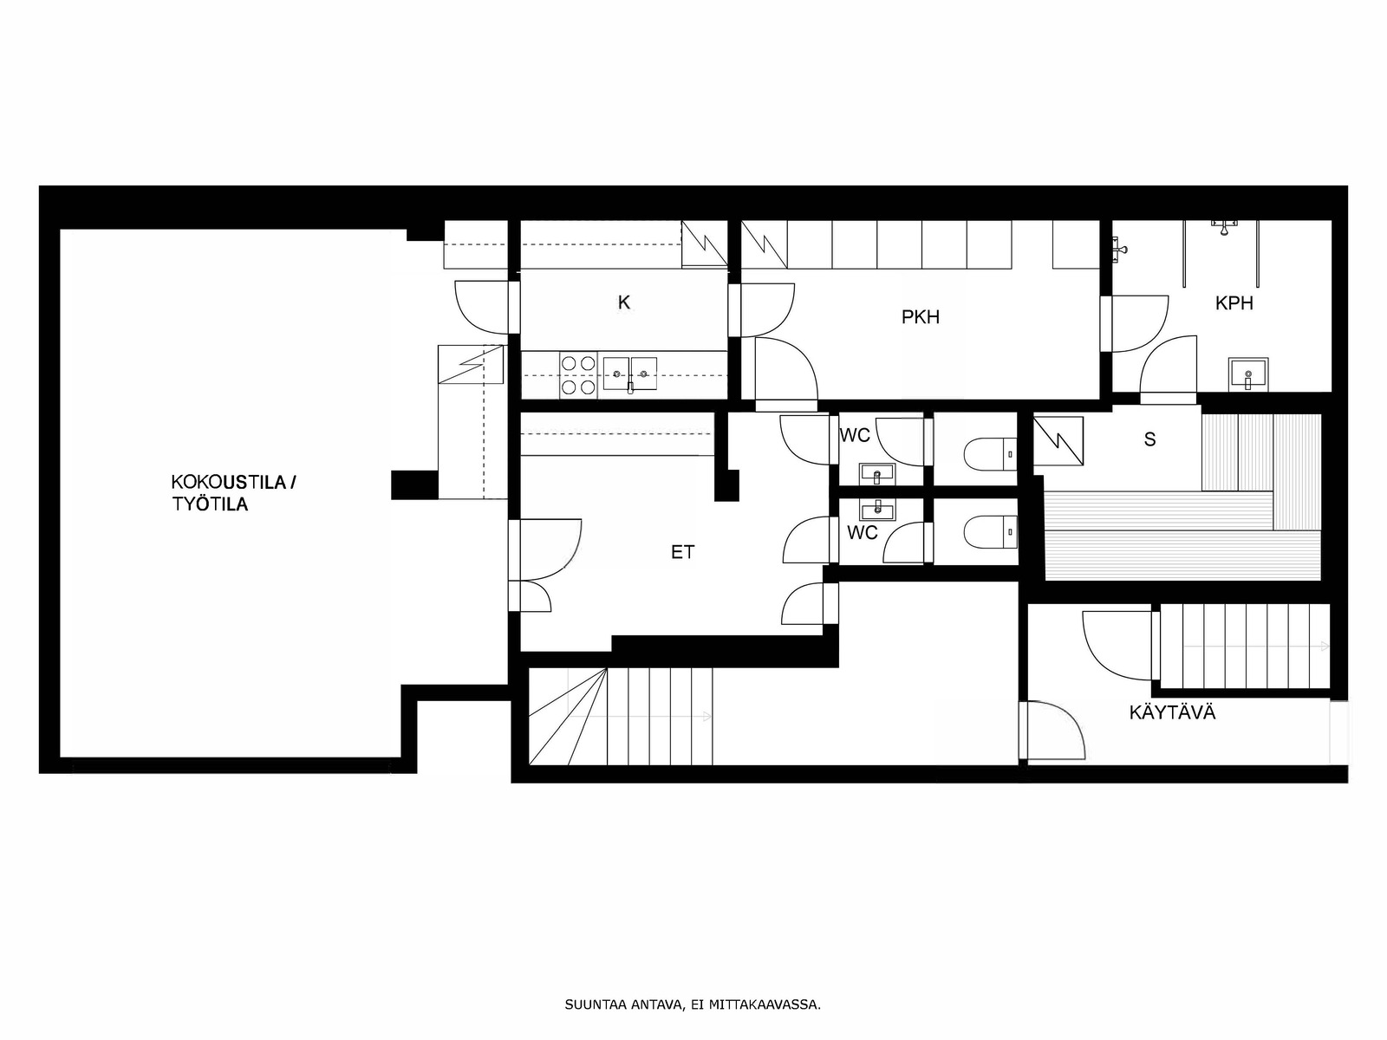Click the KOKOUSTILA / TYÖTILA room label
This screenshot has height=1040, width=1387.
click(x=233, y=494)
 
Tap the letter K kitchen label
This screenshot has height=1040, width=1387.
click(x=623, y=303)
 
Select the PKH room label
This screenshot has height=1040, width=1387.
click(x=920, y=317)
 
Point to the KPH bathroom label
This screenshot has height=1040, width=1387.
click(x=1234, y=303)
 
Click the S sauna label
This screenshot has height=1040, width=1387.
click(x=1149, y=439)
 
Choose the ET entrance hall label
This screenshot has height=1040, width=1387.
click(x=682, y=553)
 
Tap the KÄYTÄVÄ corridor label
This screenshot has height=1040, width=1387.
click(x=1172, y=713)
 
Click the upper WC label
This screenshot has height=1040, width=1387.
click(x=855, y=435)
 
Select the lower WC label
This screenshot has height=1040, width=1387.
click(x=863, y=532)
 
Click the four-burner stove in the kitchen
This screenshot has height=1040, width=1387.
click(x=578, y=375)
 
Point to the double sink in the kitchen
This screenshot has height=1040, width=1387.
click(x=630, y=374)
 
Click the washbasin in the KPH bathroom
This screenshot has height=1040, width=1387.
click(x=1248, y=375)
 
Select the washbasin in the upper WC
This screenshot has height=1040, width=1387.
click(x=877, y=473)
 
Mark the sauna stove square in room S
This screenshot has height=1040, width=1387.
click(x=1058, y=441)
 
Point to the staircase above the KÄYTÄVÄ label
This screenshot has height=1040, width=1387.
click(x=1246, y=646)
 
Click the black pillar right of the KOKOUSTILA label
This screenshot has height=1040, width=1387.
click(x=414, y=485)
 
